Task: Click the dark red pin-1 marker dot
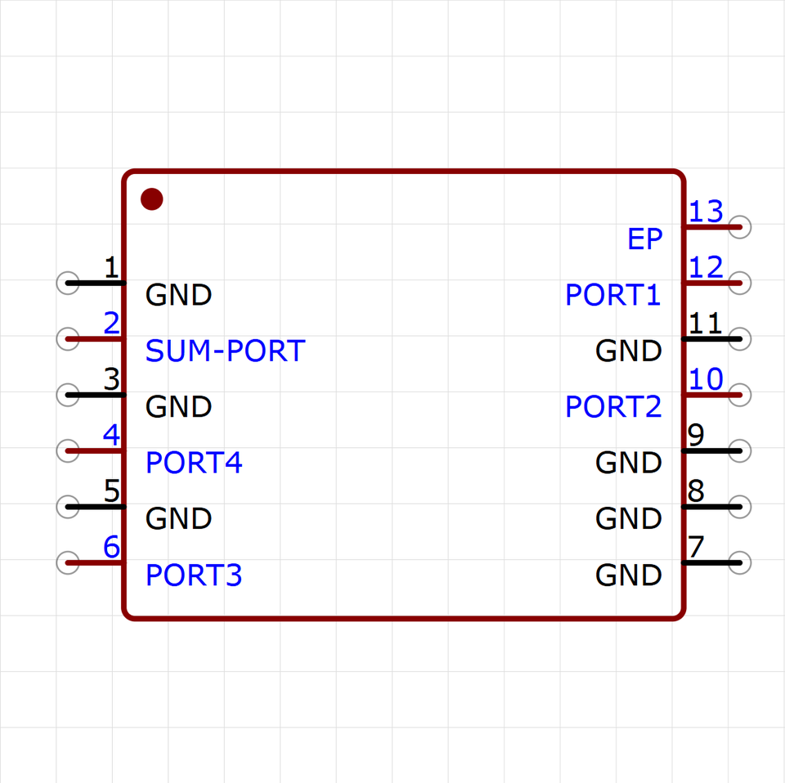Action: point(152,199)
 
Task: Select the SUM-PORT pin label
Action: point(226,351)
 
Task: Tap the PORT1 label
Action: point(612,295)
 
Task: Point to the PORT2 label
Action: point(613,406)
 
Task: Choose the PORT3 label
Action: point(194,575)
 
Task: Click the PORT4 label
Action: point(194,463)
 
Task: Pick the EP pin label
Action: point(645,239)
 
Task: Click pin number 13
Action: point(706,212)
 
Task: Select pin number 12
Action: point(706,267)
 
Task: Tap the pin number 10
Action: point(706,379)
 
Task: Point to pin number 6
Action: point(112,547)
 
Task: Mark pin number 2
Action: point(112,323)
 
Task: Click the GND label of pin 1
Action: point(179,295)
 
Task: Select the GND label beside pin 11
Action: point(629,351)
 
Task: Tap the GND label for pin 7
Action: point(629,575)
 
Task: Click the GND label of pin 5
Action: point(179,518)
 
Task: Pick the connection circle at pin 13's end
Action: point(740,227)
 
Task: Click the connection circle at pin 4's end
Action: point(68,451)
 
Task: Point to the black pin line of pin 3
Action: point(96,395)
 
